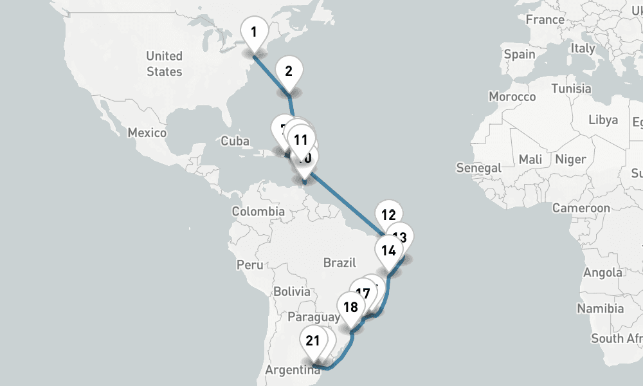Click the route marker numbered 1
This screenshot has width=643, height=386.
(x=254, y=32)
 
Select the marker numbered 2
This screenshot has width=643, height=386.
(x=289, y=71)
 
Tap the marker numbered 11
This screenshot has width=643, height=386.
(x=300, y=139)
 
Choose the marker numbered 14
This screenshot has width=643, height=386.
(x=388, y=251)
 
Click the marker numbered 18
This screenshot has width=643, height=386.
(x=350, y=307)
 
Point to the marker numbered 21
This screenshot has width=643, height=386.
(x=313, y=341)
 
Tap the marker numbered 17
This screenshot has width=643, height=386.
(x=363, y=294)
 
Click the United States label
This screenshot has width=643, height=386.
(x=164, y=64)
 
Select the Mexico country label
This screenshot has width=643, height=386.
(x=147, y=133)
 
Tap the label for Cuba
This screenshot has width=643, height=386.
(x=234, y=141)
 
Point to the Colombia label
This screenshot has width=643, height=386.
(x=258, y=211)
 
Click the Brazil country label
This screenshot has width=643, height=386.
(x=340, y=262)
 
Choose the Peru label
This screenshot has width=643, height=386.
(x=249, y=264)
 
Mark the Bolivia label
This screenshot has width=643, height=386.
(x=291, y=291)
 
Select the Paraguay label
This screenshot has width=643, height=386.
(x=314, y=317)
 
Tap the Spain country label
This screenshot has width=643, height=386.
(x=520, y=54)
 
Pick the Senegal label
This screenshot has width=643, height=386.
(x=478, y=168)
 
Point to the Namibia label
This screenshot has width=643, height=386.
(x=600, y=309)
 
